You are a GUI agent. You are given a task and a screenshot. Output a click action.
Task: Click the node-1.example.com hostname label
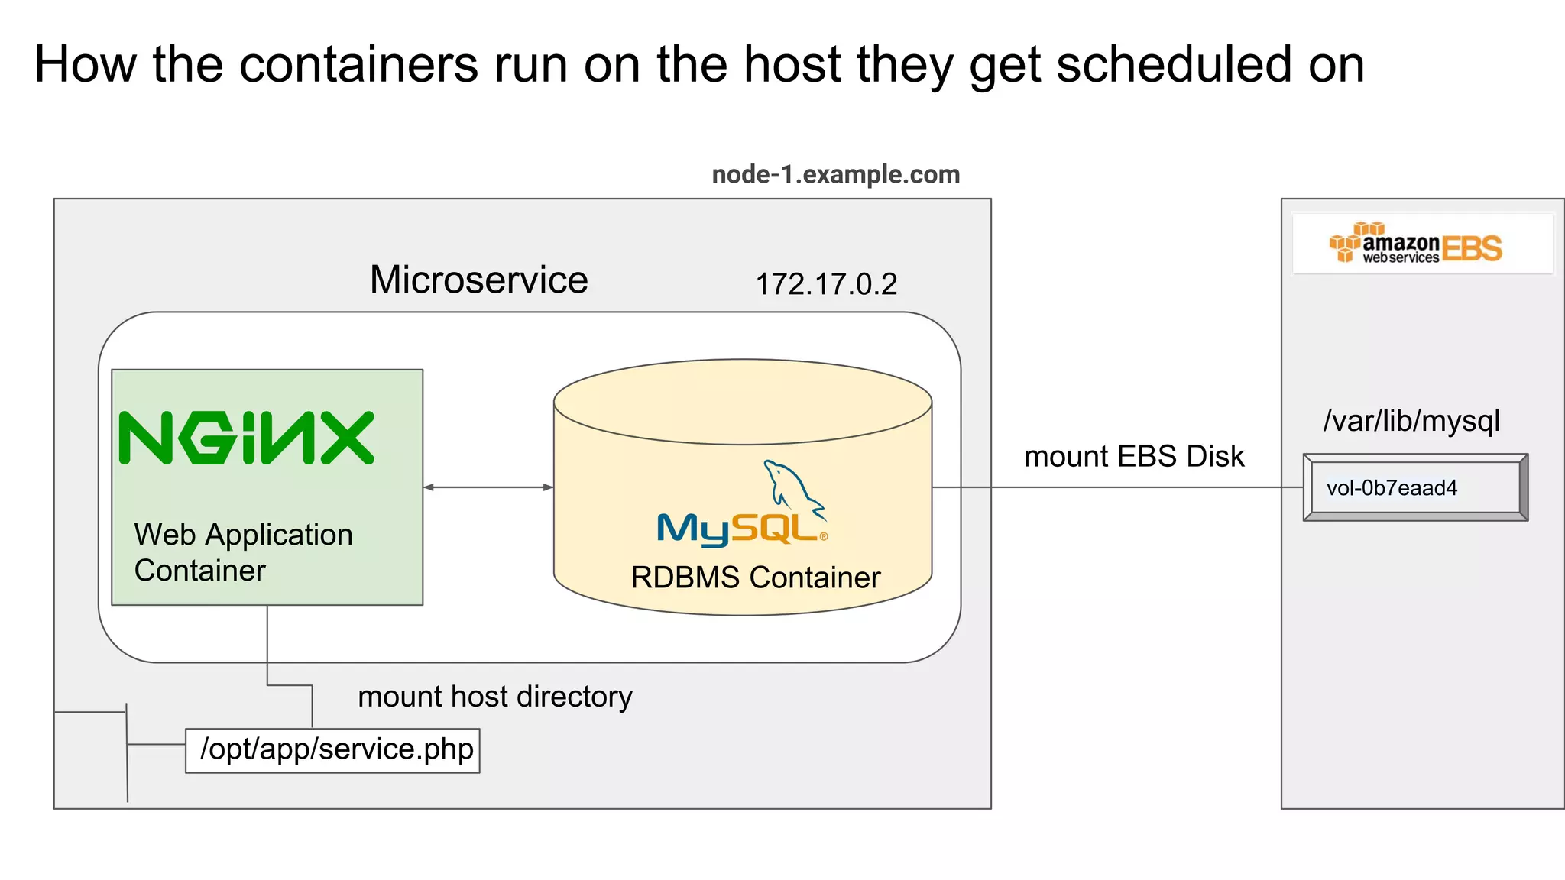(835, 175)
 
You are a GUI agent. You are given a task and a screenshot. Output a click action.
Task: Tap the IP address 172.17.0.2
(826, 284)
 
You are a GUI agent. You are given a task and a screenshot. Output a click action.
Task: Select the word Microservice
(479, 280)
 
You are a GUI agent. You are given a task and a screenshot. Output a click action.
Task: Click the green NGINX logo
(247, 438)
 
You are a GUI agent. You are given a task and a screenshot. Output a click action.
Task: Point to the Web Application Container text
(243, 552)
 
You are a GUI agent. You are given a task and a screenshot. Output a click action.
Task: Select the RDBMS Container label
(755, 577)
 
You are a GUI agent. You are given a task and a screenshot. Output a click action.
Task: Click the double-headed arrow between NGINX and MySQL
(488, 487)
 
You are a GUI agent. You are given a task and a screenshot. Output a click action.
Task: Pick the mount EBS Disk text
(1133, 456)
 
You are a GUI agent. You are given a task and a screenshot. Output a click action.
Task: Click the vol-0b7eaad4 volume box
(1414, 487)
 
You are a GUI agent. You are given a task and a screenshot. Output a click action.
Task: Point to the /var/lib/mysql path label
(1411, 421)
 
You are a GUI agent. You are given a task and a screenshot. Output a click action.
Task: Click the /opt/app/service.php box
(333, 750)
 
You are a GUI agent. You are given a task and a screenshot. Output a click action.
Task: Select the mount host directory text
(494, 697)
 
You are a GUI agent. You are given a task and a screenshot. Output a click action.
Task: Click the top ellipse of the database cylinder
(743, 402)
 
